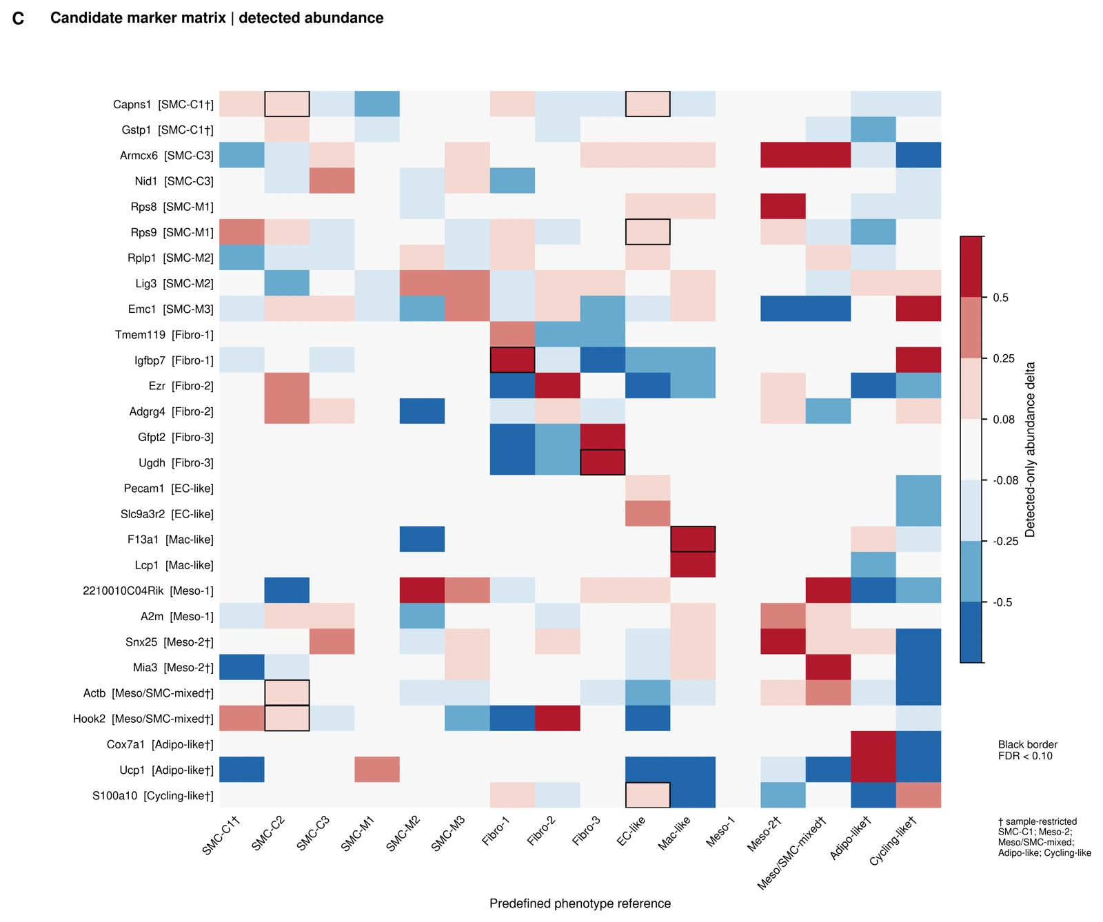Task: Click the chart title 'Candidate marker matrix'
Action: (x=138, y=18)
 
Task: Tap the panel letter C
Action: (x=19, y=19)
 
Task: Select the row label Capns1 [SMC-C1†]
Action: (x=163, y=105)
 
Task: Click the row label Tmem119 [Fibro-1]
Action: (x=164, y=335)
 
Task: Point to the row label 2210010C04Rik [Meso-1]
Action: (x=148, y=591)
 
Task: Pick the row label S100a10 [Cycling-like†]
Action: (x=153, y=796)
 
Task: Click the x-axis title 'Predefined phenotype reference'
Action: (x=580, y=903)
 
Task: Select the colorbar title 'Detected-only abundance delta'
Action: (x=1030, y=449)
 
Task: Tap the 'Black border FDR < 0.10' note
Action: (x=1028, y=750)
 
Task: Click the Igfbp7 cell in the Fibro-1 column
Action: (x=512, y=360)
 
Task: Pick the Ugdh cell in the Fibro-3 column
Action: (x=603, y=462)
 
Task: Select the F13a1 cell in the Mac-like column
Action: (x=693, y=540)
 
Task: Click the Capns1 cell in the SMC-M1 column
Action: (x=377, y=104)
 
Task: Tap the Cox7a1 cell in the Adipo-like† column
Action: (x=873, y=744)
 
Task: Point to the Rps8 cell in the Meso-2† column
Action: (x=783, y=207)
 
